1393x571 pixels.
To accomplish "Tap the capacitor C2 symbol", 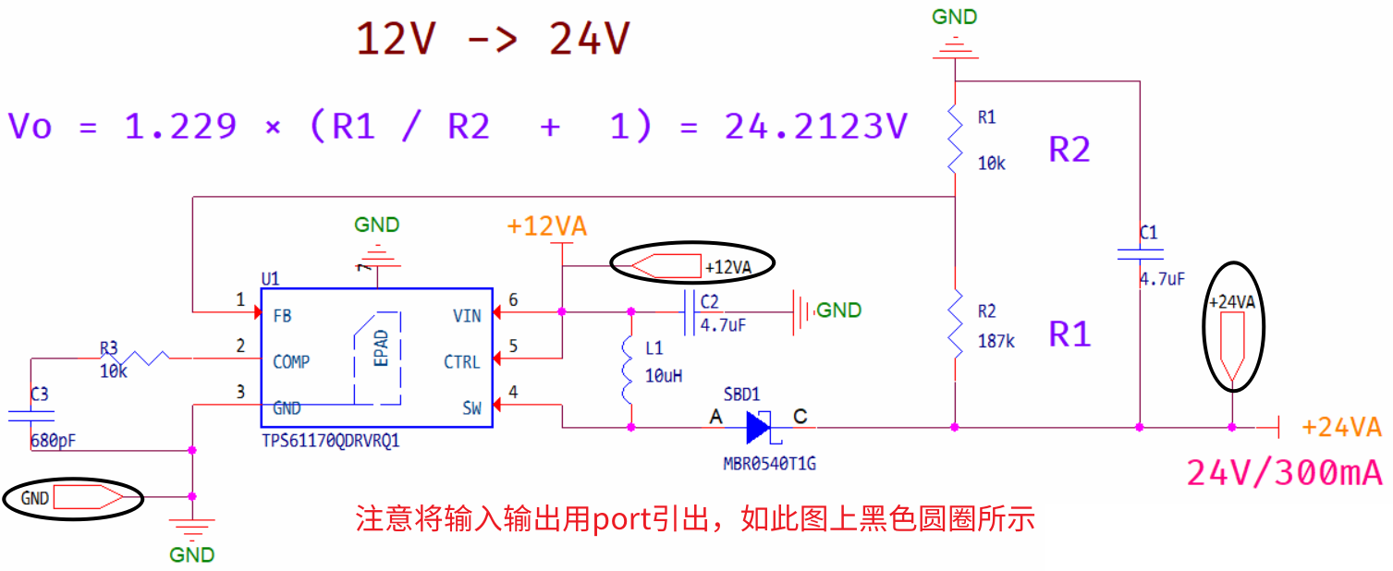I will tap(689, 312).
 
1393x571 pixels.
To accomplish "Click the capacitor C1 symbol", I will tap(1140, 254).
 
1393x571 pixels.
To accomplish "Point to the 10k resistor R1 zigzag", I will tap(955, 139).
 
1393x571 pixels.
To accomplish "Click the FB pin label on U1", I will tap(282, 316).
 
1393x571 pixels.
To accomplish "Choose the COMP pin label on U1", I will tap(291, 362).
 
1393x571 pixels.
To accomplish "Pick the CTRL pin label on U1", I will tap(461, 362).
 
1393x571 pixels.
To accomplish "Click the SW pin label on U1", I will tap(470, 408).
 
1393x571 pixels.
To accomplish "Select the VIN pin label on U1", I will tap(466, 316).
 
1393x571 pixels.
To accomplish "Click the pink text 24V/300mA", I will tap(1284, 473).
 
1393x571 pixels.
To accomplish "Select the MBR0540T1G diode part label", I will tap(769, 463).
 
